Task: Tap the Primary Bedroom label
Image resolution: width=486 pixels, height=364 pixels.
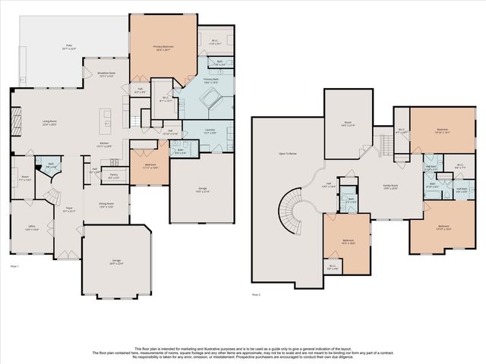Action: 163,47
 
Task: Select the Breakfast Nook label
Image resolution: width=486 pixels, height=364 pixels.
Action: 106,74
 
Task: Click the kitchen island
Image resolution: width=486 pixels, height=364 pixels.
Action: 107,118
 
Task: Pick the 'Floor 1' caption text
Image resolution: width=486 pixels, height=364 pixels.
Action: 14,267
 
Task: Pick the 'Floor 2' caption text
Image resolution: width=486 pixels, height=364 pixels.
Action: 256,293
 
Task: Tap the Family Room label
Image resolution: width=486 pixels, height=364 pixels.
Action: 390,186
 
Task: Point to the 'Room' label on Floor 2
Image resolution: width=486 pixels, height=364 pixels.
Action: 349,124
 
